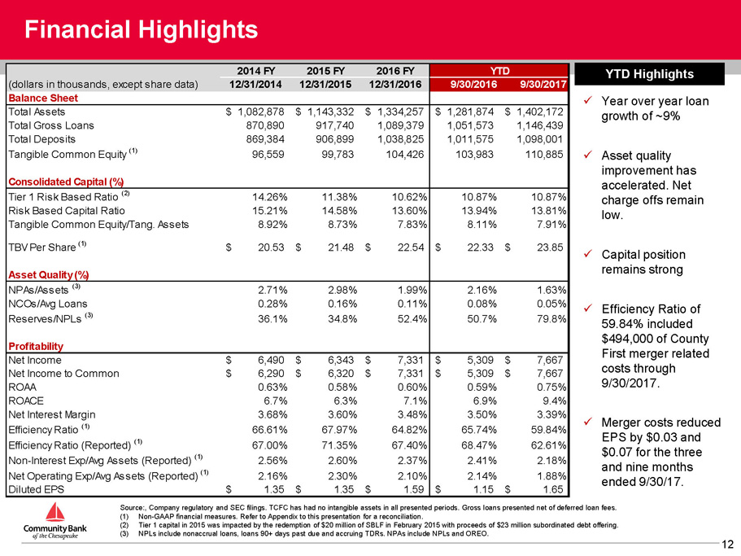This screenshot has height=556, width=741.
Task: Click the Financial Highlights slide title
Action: pyautogui.click(x=141, y=29)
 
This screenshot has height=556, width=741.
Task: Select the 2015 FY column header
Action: pyautogui.click(x=325, y=71)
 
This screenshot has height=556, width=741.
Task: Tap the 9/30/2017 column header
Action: pyautogui.click(x=543, y=84)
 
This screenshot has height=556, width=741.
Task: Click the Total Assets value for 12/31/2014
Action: pyautogui.click(x=261, y=112)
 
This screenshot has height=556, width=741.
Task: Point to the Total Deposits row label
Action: pyautogui.click(x=41, y=139)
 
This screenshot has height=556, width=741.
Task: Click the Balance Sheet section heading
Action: pyautogui.click(x=43, y=98)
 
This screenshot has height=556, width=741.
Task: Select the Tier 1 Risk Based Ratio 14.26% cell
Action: pyautogui.click(x=269, y=197)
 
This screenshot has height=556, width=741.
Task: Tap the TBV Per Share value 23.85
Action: pyautogui.click(x=550, y=247)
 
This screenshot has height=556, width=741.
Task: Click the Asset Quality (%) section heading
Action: pyautogui.click(x=49, y=275)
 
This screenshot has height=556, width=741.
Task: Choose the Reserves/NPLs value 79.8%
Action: pyautogui.click(x=551, y=319)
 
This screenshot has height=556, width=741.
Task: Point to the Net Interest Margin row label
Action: pyautogui.click(x=52, y=414)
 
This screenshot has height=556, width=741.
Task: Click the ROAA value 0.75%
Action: pyautogui.click(x=551, y=387)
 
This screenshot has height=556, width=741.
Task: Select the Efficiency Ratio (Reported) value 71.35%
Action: pyautogui.click(x=339, y=445)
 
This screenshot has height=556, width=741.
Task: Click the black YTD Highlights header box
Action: pyautogui.click(x=649, y=74)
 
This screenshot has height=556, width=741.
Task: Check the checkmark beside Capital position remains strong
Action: pyautogui.click(x=588, y=254)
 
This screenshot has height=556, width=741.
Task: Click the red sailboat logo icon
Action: pyautogui.click(x=55, y=513)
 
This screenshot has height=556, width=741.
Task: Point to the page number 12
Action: pyautogui.click(x=727, y=545)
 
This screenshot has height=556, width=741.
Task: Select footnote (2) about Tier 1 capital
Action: pyautogui.click(x=369, y=525)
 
